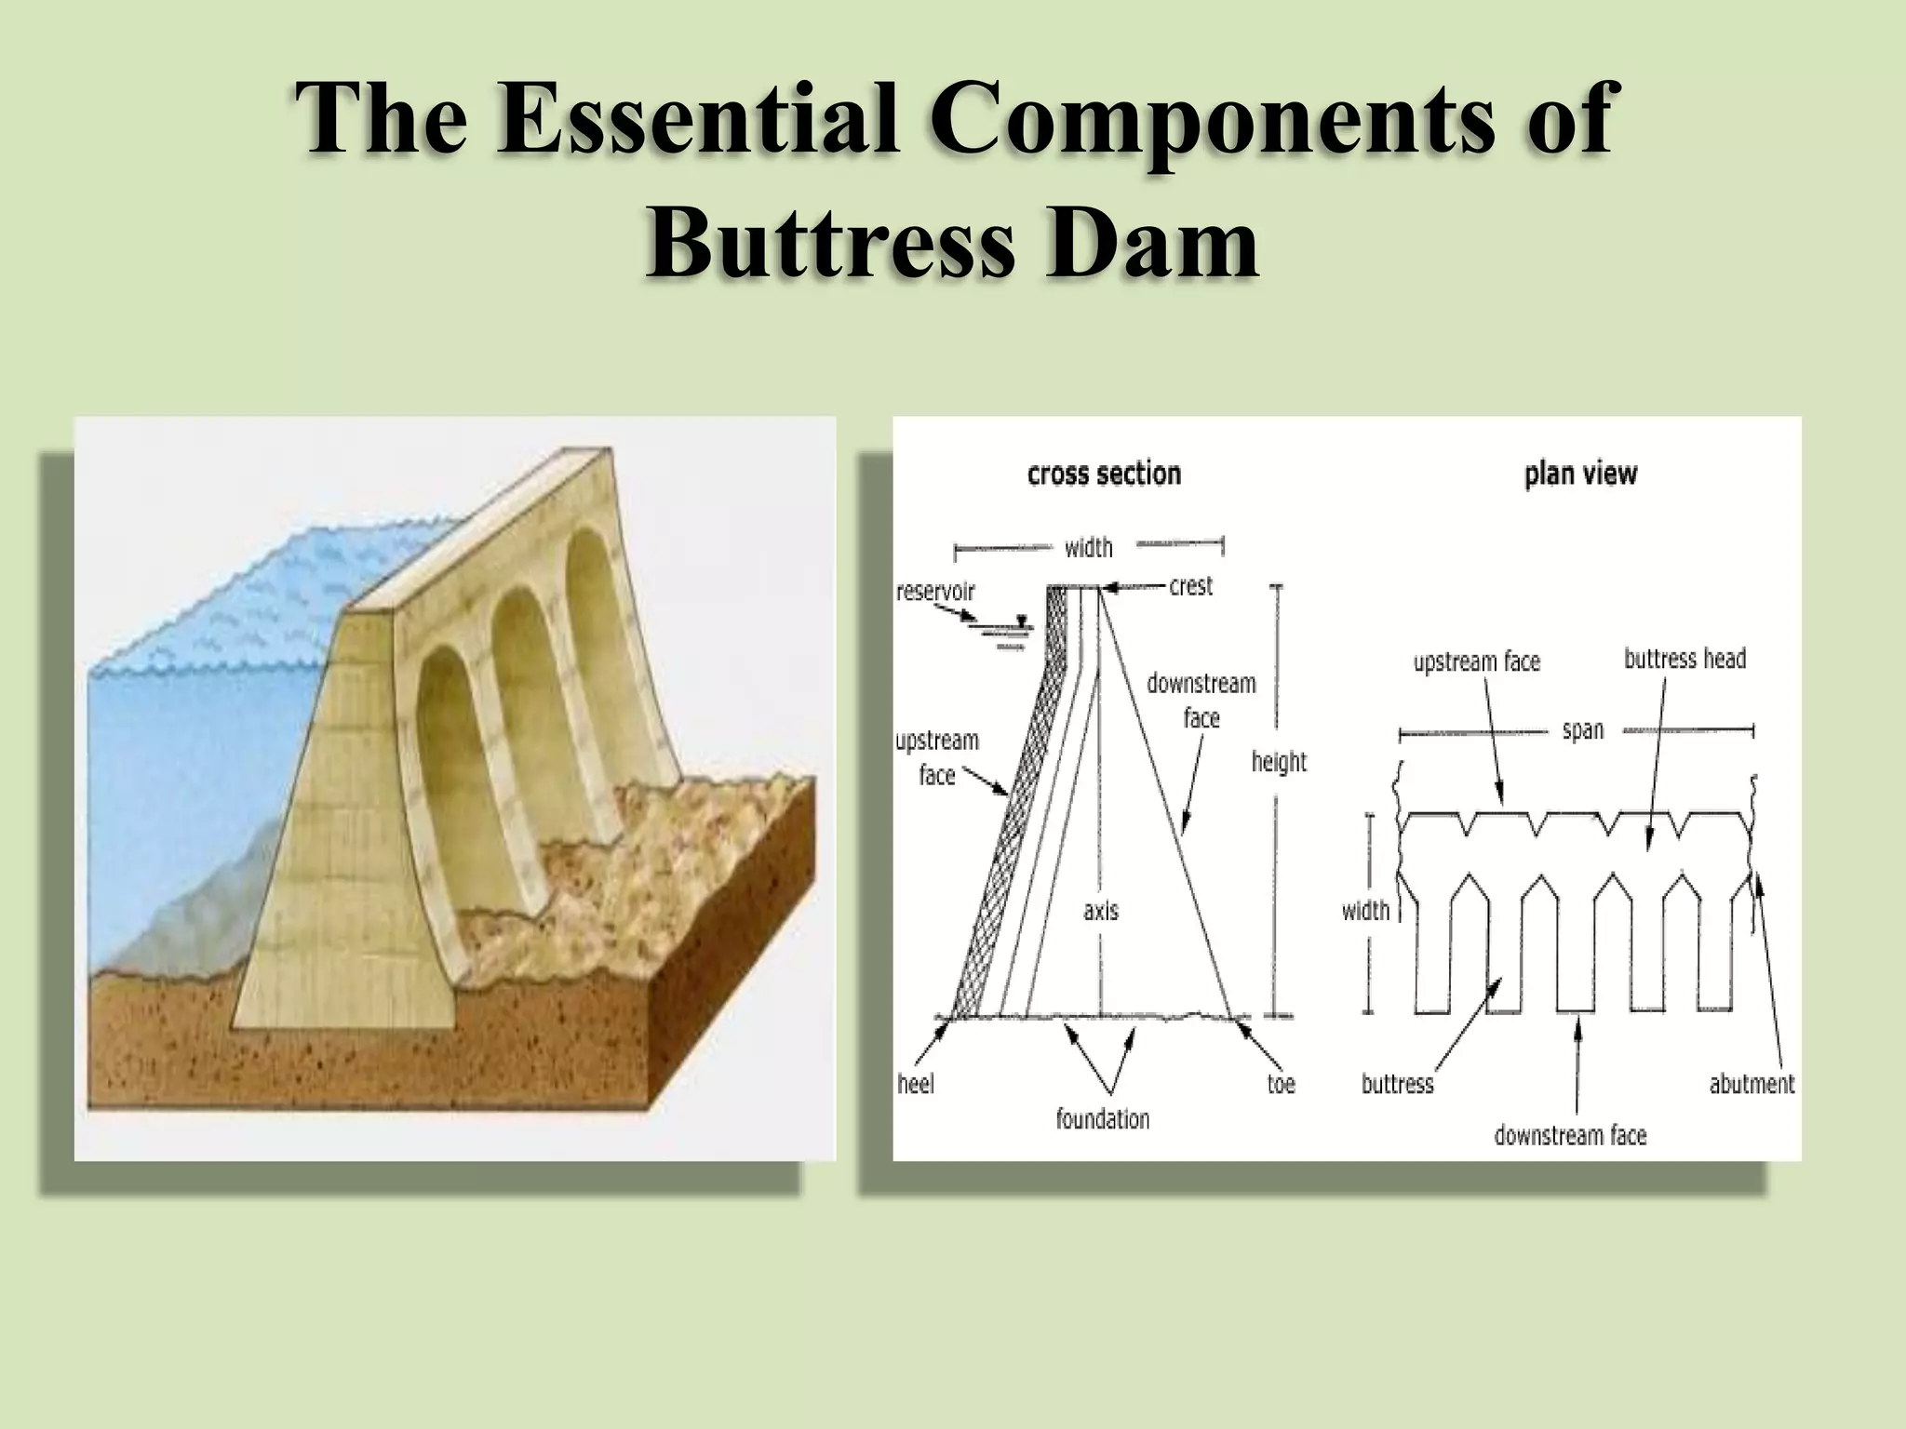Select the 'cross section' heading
[x=1104, y=474]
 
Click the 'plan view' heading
[x=1580, y=474]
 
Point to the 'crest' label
[x=1190, y=586]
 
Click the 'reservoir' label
[x=935, y=592]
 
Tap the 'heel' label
[x=916, y=1084]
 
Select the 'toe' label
[x=1281, y=1084]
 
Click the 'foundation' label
[x=1103, y=1118]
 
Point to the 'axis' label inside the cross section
[x=1101, y=911]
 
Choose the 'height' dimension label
[x=1279, y=762]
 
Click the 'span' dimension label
[x=1582, y=730]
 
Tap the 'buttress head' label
[x=1685, y=659]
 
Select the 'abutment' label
[x=1752, y=1084]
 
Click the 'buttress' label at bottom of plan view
[x=1397, y=1084]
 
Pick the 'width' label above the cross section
[x=1088, y=547]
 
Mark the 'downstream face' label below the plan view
[x=1570, y=1135]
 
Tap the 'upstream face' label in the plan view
[x=1477, y=661]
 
